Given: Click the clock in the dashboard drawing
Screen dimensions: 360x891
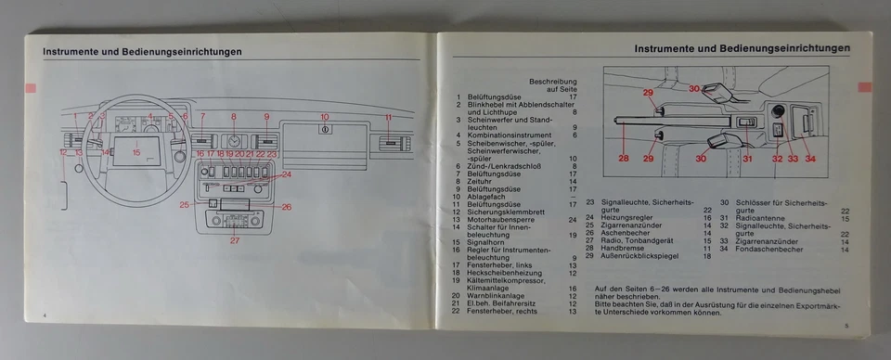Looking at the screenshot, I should click(x=234, y=141).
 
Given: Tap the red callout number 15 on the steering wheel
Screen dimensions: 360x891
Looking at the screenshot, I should click(x=136, y=151).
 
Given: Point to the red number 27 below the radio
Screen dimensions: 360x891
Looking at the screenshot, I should click(x=235, y=240).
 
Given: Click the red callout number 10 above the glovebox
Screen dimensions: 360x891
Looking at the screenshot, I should click(x=325, y=116).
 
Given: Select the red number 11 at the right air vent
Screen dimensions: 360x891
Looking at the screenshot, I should click(x=389, y=117).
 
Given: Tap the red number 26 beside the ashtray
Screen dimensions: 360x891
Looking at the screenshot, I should click(x=286, y=206).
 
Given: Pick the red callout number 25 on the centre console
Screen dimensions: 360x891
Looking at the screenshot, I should click(x=185, y=204).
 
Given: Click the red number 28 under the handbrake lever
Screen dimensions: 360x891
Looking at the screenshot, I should click(x=624, y=158).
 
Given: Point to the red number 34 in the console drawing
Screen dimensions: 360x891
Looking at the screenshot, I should click(x=809, y=158).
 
